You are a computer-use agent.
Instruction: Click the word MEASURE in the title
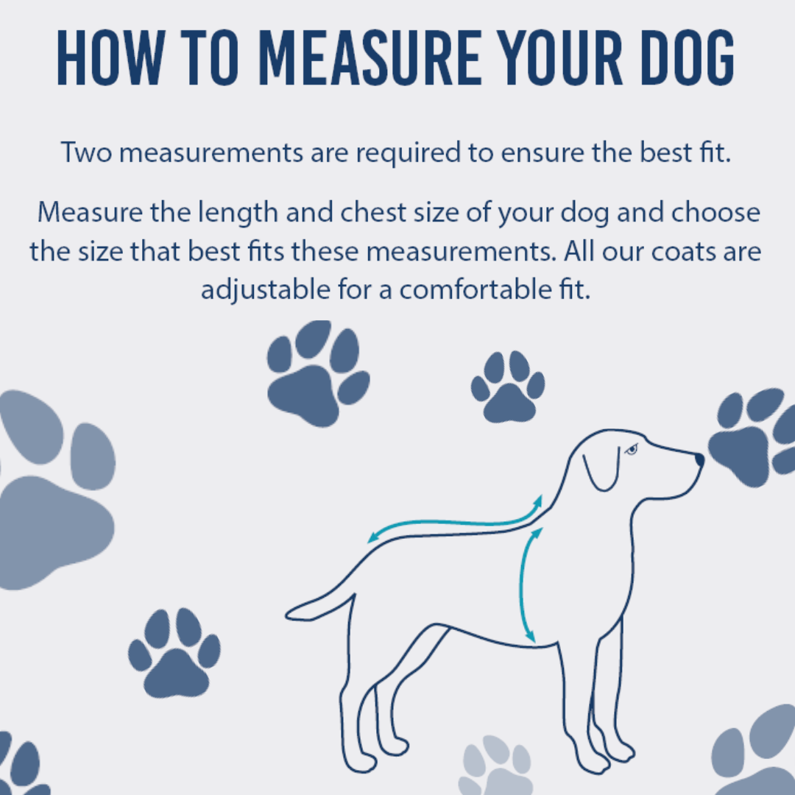click(370, 57)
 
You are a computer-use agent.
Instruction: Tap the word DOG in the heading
click(688, 57)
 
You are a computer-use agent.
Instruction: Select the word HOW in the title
click(111, 57)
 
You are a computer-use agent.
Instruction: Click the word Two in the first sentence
click(86, 152)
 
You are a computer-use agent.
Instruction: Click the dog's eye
click(632, 449)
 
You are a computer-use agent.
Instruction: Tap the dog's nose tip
click(700, 460)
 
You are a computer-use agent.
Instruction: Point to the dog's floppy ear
click(603, 469)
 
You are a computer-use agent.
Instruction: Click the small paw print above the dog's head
click(508, 386)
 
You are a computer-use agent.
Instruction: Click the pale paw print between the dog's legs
click(496, 766)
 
